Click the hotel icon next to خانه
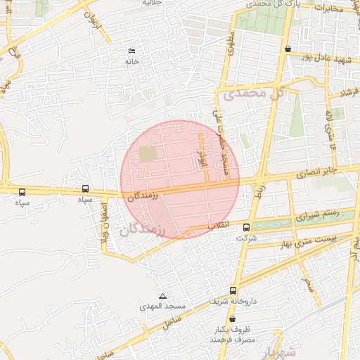(x=131, y=51)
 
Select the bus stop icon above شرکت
(x=246, y=227)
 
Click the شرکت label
(x=247, y=238)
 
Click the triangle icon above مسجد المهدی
(x=163, y=296)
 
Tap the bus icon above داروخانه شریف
(x=233, y=290)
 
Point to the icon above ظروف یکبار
(x=232, y=319)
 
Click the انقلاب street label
(x=220, y=226)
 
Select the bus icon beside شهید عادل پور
(x=288, y=49)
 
